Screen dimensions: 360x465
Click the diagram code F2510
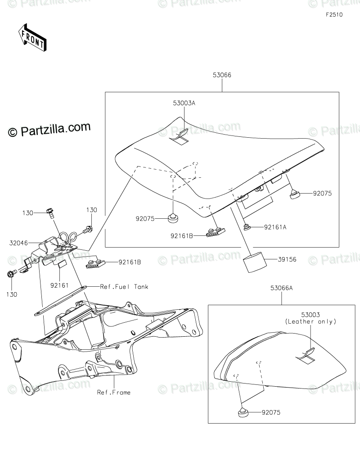pos(334,14)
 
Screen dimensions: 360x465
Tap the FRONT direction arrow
pos(31,37)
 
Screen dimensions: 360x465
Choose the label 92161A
pos(274,227)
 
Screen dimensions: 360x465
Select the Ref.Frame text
pos(114,392)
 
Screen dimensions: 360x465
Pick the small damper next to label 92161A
pos(247,226)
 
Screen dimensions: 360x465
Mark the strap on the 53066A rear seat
pos(307,356)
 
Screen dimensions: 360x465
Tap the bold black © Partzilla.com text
pos(49,129)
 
